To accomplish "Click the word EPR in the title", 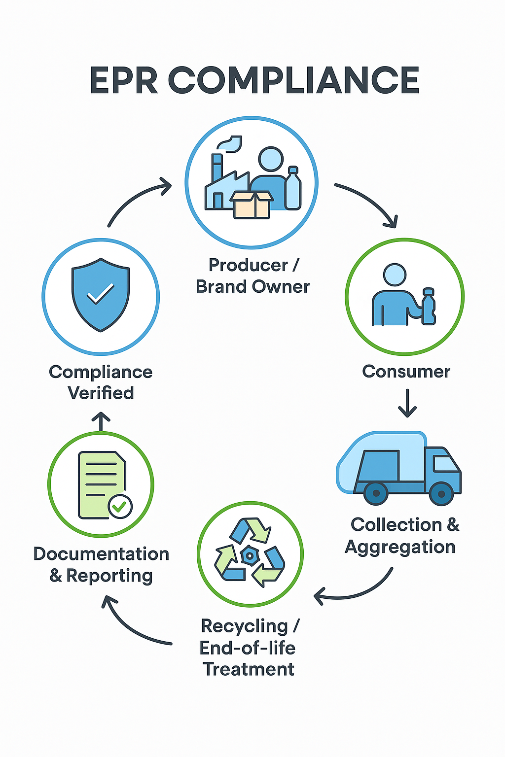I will (x=124, y=80).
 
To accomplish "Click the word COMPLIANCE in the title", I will (x=294, y=80).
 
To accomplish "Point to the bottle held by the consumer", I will (x=429, y=308).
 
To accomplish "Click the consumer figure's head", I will (x=395, y=275).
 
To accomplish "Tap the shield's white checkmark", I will (x=100, y=294).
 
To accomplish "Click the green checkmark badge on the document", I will (x=120, y=506).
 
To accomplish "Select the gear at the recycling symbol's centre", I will (x=250, y=555).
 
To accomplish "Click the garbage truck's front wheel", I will (x=441, y=493).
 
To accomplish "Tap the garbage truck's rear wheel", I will (x=376, y=493).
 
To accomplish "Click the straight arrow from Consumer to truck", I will (x=407, y=403).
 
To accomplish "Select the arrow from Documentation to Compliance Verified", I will (x=101, y=421).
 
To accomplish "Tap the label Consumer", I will (x=406, y=372).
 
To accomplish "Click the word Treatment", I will (x=249, y=669).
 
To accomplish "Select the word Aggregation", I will (x=400, y=547).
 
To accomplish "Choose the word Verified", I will (x=101, y=393).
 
